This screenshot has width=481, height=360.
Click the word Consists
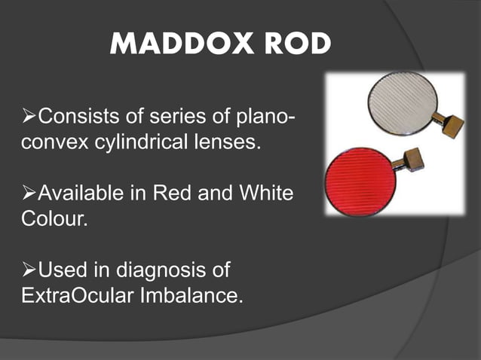tap(78, 118)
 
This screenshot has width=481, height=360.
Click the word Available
tap(83, 194)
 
